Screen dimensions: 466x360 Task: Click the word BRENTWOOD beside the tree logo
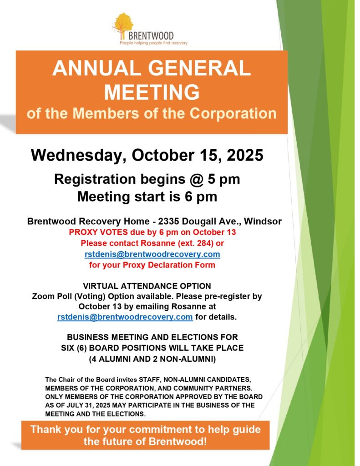[151, 35]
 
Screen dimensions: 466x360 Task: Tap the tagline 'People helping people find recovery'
[153, 43]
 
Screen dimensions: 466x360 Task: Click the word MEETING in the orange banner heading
[152, 92]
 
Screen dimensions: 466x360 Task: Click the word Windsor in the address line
[266, 222]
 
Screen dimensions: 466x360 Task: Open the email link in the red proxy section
[152, 254]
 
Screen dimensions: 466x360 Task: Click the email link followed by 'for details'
[125, 317]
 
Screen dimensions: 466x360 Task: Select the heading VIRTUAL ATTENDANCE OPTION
[147, 286]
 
